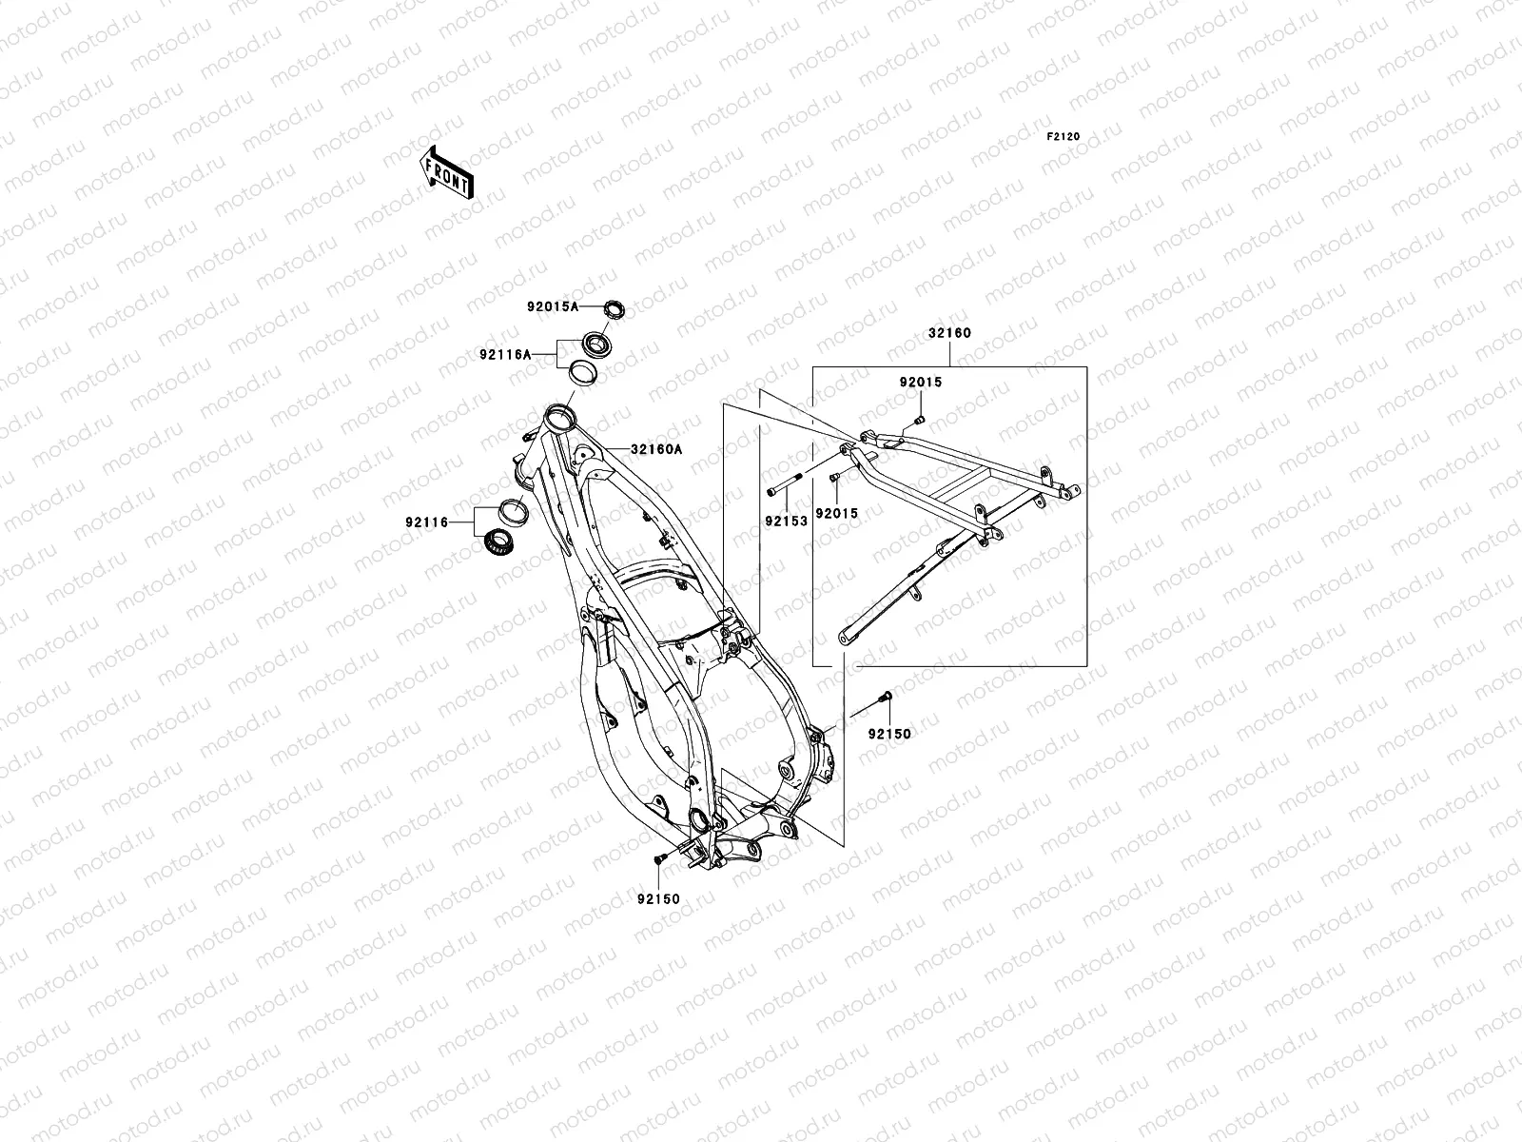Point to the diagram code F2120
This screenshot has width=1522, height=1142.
[1063, 137]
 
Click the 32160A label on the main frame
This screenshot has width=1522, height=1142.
[655, 450]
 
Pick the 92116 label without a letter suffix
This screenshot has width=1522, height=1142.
[427, 522]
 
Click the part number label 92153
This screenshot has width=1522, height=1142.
[786, 522]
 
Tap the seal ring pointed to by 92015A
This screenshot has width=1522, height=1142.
[617, 308]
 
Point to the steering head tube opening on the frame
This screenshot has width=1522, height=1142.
[559, 415]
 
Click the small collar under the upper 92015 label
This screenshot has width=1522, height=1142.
[920, 420]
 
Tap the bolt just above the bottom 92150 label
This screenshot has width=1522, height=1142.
[658, 859]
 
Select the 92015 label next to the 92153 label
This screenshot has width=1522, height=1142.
[836, 514]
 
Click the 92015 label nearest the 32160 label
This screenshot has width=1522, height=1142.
[921, 383]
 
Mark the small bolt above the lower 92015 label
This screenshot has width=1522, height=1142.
[834, 479]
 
